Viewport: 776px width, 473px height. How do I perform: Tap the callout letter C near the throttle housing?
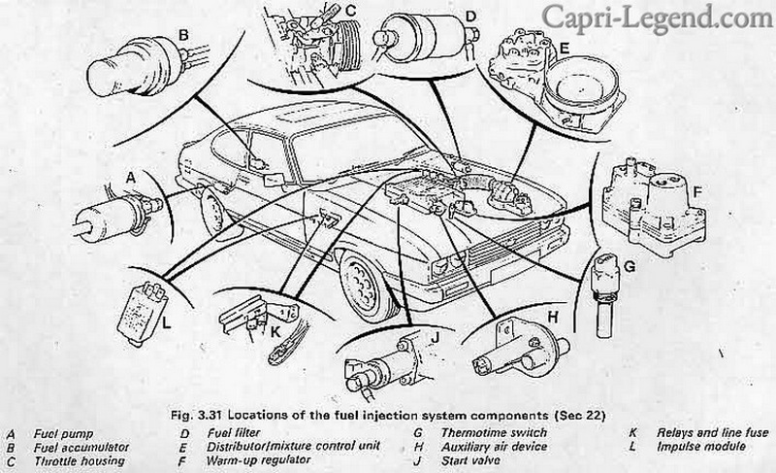pyautogui.click(x=351, y=12)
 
